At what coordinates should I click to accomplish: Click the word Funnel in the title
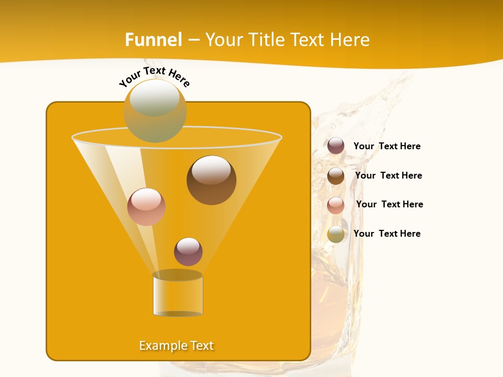154,40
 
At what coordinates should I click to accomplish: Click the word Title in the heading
267,40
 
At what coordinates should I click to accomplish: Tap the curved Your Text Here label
155,77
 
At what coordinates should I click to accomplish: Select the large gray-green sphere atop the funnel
155,110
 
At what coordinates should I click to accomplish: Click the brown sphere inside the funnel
211,180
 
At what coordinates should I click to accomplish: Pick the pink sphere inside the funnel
147,207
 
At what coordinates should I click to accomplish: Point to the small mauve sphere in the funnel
188,252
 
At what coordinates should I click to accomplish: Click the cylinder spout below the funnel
178,294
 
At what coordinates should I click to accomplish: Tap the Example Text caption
177,346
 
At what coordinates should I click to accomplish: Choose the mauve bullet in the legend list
336,146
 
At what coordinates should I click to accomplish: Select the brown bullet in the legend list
336,176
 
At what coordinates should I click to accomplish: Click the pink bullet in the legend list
336,205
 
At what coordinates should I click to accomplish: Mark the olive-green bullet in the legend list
336,234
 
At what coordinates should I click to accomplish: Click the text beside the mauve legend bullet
387,147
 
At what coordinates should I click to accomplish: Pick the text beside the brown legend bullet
388,175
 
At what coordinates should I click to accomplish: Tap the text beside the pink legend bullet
389,204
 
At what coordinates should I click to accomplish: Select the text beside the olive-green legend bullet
387,234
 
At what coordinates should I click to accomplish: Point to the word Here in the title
350,40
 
